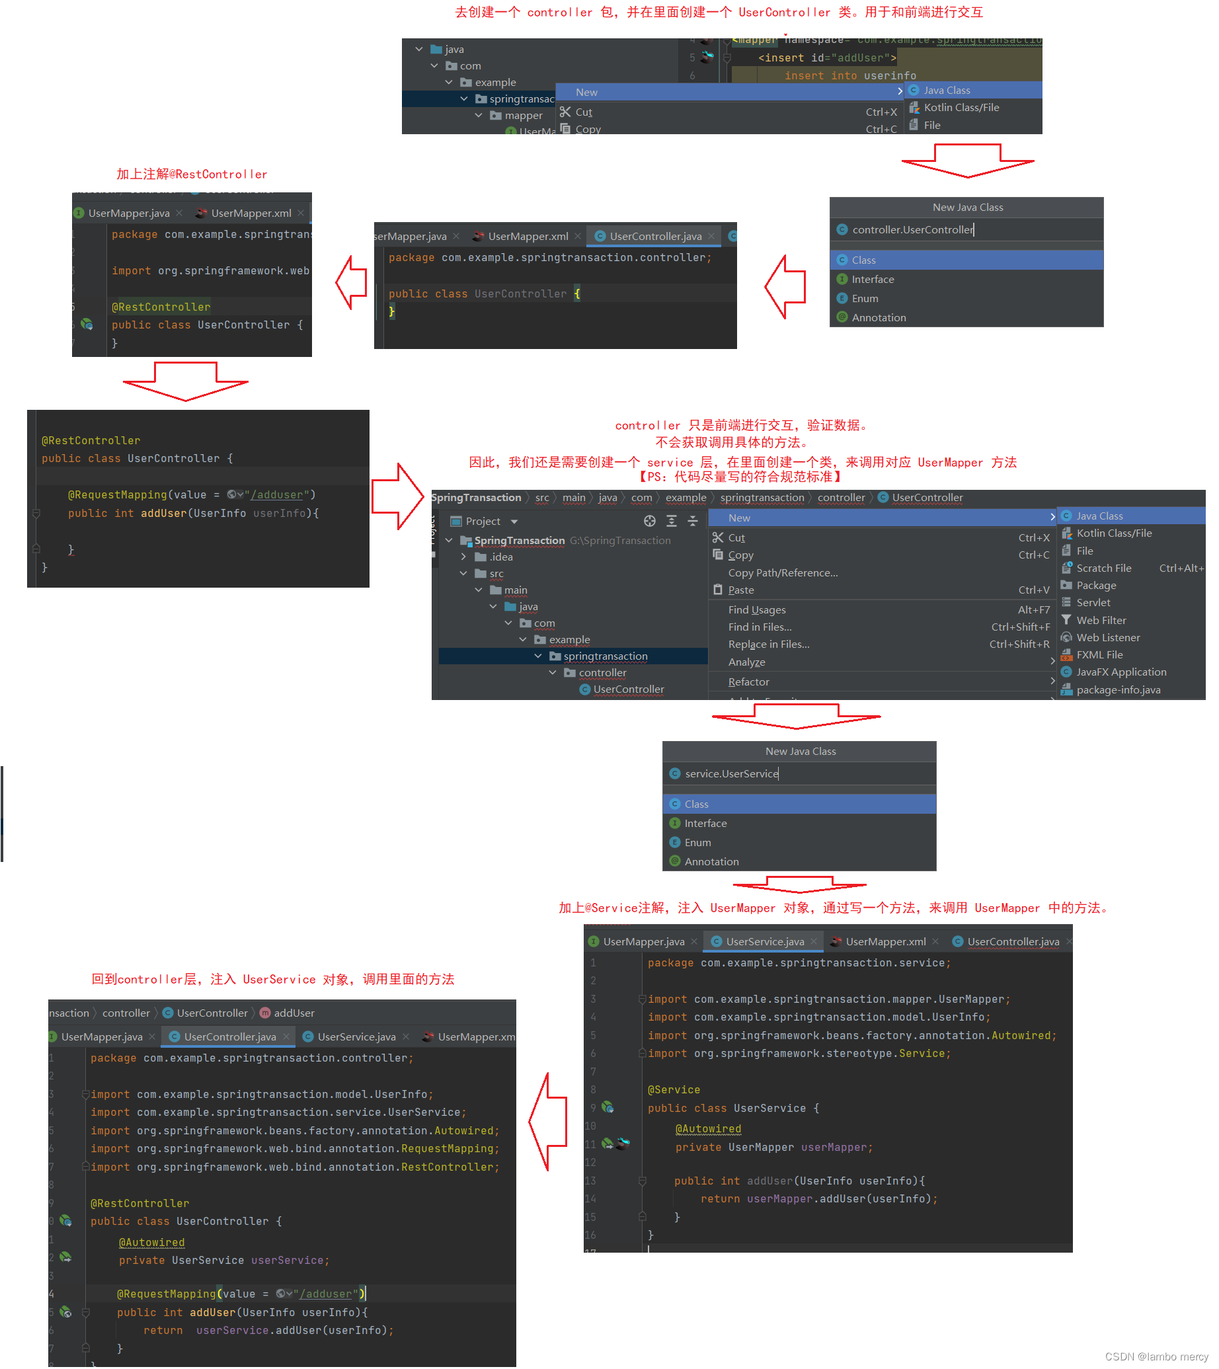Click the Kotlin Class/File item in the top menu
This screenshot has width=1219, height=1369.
[961, 108]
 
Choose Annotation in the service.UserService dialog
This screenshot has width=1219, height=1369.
[711, 862]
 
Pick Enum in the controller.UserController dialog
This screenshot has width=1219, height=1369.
[864, 299]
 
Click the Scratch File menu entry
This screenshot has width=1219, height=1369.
[1103, 568]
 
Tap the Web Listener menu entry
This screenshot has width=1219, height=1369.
[1107, 639]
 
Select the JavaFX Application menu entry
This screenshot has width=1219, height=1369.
[1121, 672]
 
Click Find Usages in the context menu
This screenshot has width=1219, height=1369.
[756, 610]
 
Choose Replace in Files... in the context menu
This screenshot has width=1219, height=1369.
[768, 645]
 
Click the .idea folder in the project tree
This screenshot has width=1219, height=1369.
[500, 557]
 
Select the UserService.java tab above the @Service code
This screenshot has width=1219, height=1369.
[764, 943]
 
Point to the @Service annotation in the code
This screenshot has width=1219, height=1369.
[673, 1091]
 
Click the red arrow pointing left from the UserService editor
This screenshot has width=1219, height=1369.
[549, 1122]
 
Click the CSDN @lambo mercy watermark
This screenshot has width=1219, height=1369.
[1156, 1357]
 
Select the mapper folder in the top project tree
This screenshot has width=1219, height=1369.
[522, 116]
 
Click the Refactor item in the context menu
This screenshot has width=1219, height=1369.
[748, 682]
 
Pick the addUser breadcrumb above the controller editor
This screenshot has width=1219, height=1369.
[294, 1013]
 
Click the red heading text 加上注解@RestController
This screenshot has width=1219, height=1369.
[192, 175]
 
